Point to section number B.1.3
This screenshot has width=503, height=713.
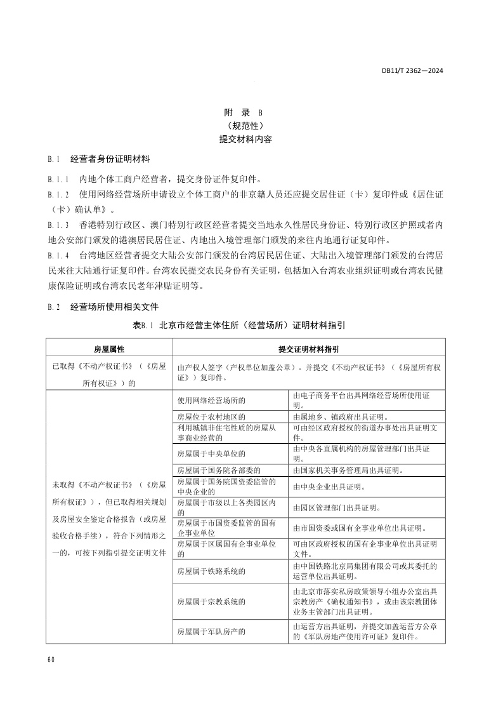pos(58,225)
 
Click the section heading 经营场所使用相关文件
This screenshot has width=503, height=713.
pos(114,307)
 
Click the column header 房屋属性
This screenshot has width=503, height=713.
pos(108,349)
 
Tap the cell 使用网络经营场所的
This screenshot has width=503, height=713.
pos(211,401)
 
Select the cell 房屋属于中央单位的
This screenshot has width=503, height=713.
pos(211,453)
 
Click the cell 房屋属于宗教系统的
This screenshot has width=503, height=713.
pos(211,600)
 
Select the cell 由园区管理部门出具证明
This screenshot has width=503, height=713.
pos(336,508)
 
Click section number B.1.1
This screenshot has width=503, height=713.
pos(58,179)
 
